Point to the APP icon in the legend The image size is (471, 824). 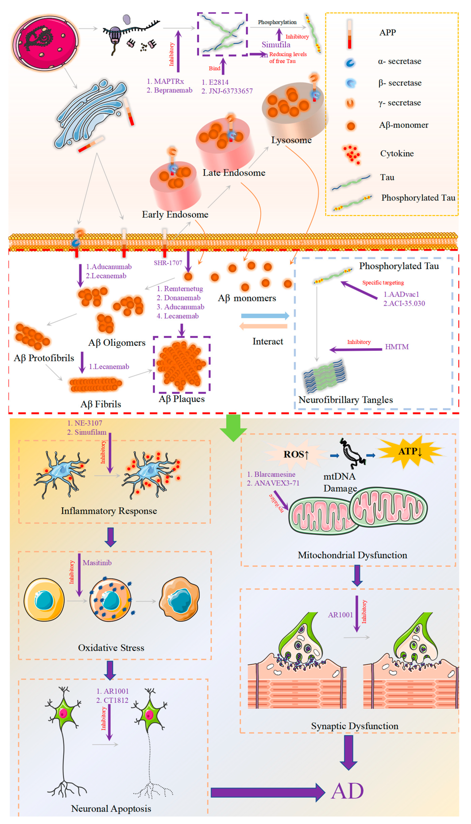[349, 34]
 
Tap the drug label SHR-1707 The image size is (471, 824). [168, 263]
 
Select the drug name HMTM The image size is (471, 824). [397, 347]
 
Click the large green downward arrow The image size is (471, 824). [233, 427]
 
